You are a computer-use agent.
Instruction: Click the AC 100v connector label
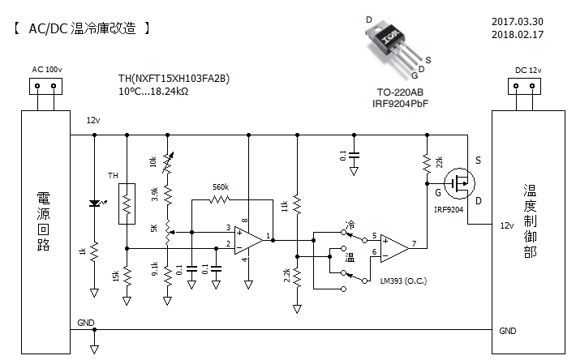pyautogui.click(x=47, y=69)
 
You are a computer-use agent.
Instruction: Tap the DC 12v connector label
pyautogui.click(x=528, y=69)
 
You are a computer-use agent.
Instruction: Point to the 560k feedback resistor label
pyautogui.click(x=220, y=186)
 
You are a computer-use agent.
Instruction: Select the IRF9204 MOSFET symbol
pyautogui.click(x=462, y=185)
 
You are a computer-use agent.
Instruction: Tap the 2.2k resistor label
pyautogui.click(x=286, y=275)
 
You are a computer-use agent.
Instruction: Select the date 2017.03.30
pyautogui.click(x=516, y=22)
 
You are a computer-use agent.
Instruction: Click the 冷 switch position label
pyautogui.click(x=350, y=223)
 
